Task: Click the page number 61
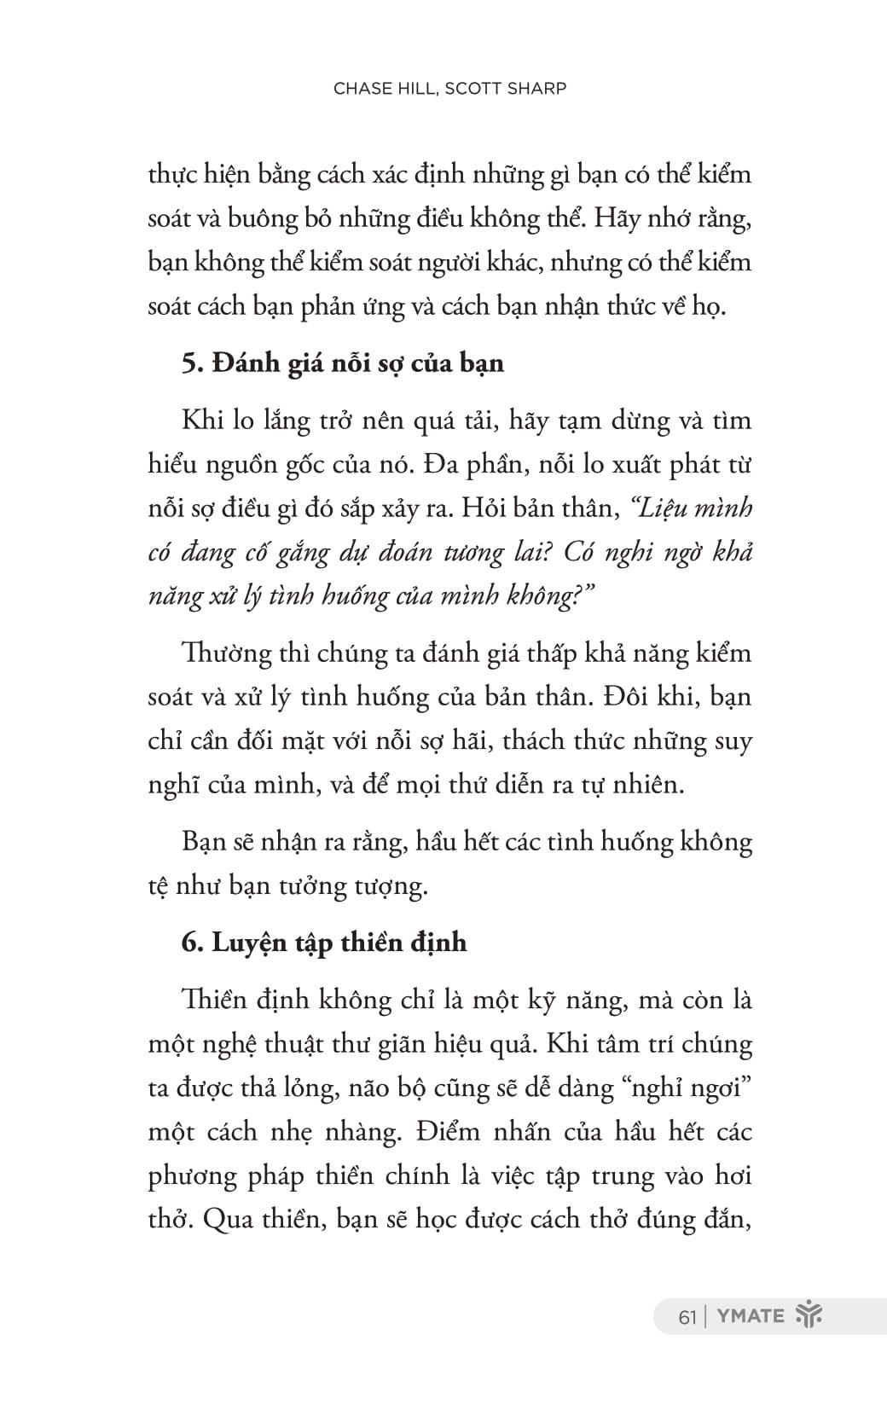[x=687, y=1316]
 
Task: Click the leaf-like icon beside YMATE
[x=808, y=1315]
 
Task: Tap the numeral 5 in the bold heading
[x=188, y=363]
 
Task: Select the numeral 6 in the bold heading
[x=188, y=943]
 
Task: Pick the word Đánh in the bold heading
[x=243, y=363]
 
